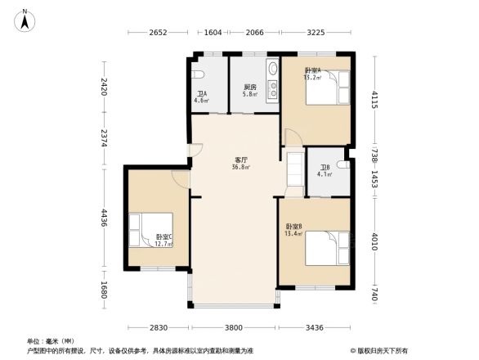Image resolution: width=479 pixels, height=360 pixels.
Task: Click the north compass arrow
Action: coord(26,20)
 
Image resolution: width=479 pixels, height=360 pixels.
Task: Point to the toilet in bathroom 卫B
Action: coord(342,165)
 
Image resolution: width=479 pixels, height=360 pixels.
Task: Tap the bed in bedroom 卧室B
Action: coord(328,248)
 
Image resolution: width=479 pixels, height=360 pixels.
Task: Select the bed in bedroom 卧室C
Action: coord(150,229)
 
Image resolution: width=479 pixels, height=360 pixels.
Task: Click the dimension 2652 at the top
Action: coord(159,33)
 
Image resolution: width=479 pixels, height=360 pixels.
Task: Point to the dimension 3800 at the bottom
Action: coord(234,327)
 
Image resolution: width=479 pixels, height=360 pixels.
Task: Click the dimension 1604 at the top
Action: coord(212,33)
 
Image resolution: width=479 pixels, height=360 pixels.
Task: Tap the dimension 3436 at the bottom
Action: coord(315,327)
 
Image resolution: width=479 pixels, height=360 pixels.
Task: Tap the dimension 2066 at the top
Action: coord(255,33)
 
